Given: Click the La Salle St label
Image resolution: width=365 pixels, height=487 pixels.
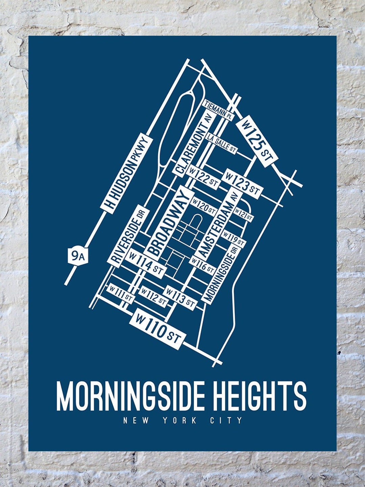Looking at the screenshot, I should pyautogui.click(x=222, y=144).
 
